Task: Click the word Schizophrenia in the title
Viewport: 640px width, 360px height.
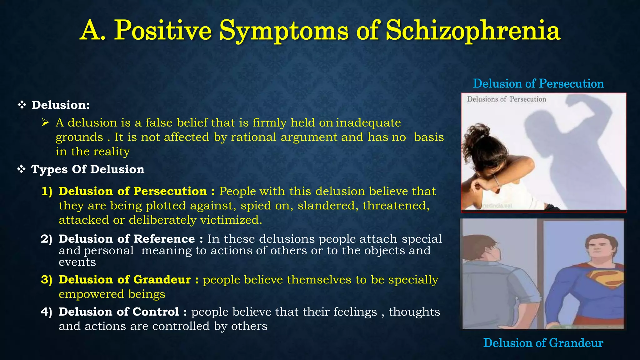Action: coord(473,31)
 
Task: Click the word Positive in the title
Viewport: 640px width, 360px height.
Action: coord(162,31)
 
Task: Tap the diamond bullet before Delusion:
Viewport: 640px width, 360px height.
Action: coord(22,105)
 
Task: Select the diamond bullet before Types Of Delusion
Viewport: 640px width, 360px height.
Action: coord(21,169)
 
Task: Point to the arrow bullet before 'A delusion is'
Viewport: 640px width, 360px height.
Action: coord(45,122)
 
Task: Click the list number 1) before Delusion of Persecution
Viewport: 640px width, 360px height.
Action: coord(47,191)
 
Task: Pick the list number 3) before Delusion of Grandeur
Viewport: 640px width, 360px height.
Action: coord(47,279)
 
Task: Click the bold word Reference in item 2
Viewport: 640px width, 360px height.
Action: coord(164,239)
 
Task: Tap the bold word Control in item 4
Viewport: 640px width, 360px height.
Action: coord(156,312)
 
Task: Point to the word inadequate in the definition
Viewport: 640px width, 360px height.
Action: coord(368,122)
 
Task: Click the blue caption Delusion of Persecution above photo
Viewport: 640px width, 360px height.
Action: coord(538,83)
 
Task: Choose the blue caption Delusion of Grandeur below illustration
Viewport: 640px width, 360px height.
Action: coord(543,343)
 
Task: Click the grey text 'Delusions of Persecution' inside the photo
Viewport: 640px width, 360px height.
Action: coord(506,99)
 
